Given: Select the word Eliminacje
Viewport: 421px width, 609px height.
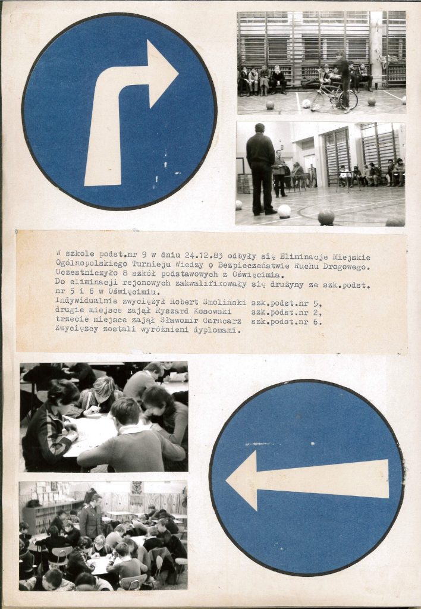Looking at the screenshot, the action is pos(299,257).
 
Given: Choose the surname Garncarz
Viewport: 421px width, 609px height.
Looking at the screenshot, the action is pos(226,321).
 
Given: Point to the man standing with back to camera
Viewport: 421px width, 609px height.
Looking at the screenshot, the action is pos(260,169).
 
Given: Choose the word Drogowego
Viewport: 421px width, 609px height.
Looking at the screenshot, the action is pos(348,267).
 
